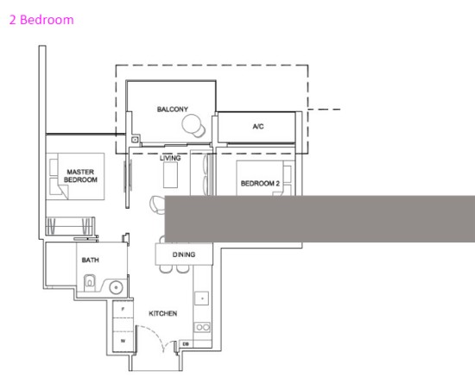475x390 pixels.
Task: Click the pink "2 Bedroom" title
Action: [41, 20]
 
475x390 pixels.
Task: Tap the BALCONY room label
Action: [173, 110]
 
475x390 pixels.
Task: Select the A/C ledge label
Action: [258, 127]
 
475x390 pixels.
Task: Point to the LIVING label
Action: [170, 158]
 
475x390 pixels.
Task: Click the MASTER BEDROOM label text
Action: [80, 176]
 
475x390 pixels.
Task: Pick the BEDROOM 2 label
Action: [260, 183]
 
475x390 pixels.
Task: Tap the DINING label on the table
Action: [184, 255]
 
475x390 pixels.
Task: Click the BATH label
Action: [91, 260]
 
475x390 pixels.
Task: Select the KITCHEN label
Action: [162, 313]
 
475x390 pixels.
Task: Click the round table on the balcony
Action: [191, 123]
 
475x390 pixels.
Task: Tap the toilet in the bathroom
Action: [89, 281]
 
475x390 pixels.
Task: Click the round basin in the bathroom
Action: [116, 287]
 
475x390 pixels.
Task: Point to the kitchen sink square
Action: [201, 299]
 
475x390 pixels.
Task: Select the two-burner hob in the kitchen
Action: [202, 327]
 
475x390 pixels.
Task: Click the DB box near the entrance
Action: [186, 344]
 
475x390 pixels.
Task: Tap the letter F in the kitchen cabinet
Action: [123, 309]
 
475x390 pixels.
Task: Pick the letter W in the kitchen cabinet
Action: [123, 341]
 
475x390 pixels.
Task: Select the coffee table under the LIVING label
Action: [170, 175]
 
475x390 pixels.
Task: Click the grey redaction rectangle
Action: [320, 219]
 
